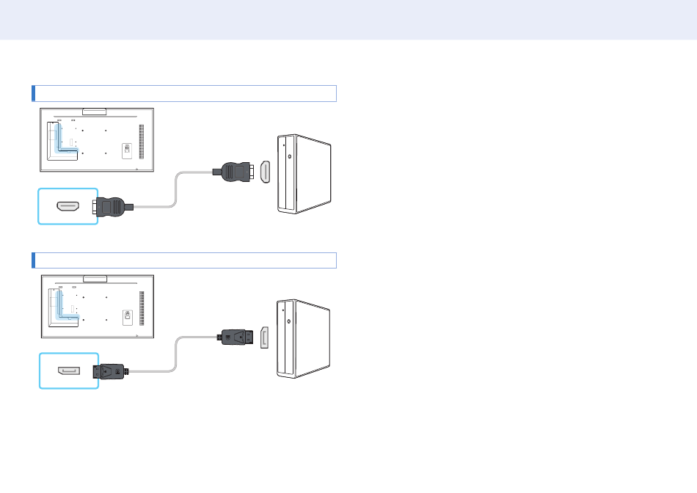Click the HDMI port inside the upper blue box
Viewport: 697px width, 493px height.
(68, 206)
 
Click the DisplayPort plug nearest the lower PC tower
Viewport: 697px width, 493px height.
(237, 338)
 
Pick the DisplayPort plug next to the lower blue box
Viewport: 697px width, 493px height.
(111, 372)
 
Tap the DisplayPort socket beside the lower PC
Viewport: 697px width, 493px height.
(265, 338)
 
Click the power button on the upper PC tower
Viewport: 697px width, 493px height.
(291, 156)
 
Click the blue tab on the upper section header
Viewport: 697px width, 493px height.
(33, 93)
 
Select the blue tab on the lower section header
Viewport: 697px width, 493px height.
(33, 260)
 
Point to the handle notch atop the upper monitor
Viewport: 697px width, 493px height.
(95, 112)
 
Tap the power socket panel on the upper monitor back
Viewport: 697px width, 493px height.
(126, 150)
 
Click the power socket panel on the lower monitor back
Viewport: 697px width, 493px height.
(126, 315)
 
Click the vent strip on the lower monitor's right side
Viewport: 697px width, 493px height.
(142, 304)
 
